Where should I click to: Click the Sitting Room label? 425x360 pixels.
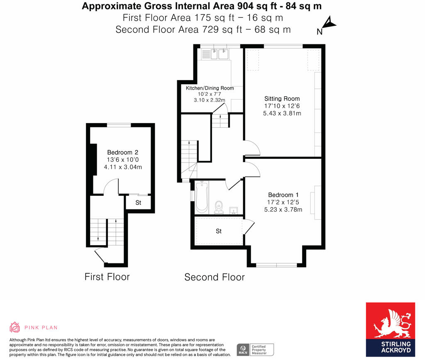click(x=282, y=99)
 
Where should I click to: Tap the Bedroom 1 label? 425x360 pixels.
click(x=283, y=195)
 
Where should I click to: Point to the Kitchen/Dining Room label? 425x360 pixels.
click(x=210, y=88)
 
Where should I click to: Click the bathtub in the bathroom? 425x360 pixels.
click(x=202, y=197)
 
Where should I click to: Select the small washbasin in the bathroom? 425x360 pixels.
click(x=233, y=210)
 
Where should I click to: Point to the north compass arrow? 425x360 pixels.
click(x=328, y=24)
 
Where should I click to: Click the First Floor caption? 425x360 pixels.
click(x=107, y=277)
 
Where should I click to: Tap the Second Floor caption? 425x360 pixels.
click(x=215, y=277)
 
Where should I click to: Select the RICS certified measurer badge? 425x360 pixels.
click(x=255, y=349)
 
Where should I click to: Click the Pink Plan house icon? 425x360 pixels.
click(x=15, y=327)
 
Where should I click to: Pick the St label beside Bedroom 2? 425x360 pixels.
click(x=138, y=203)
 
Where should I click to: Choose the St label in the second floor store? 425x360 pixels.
click(x=219, y=231)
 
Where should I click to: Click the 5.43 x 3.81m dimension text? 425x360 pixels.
click(x=282, y=113)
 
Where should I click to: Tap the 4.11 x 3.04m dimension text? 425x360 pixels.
click(x=122, y=167)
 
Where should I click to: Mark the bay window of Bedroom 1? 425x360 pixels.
click(x=276, y=264)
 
